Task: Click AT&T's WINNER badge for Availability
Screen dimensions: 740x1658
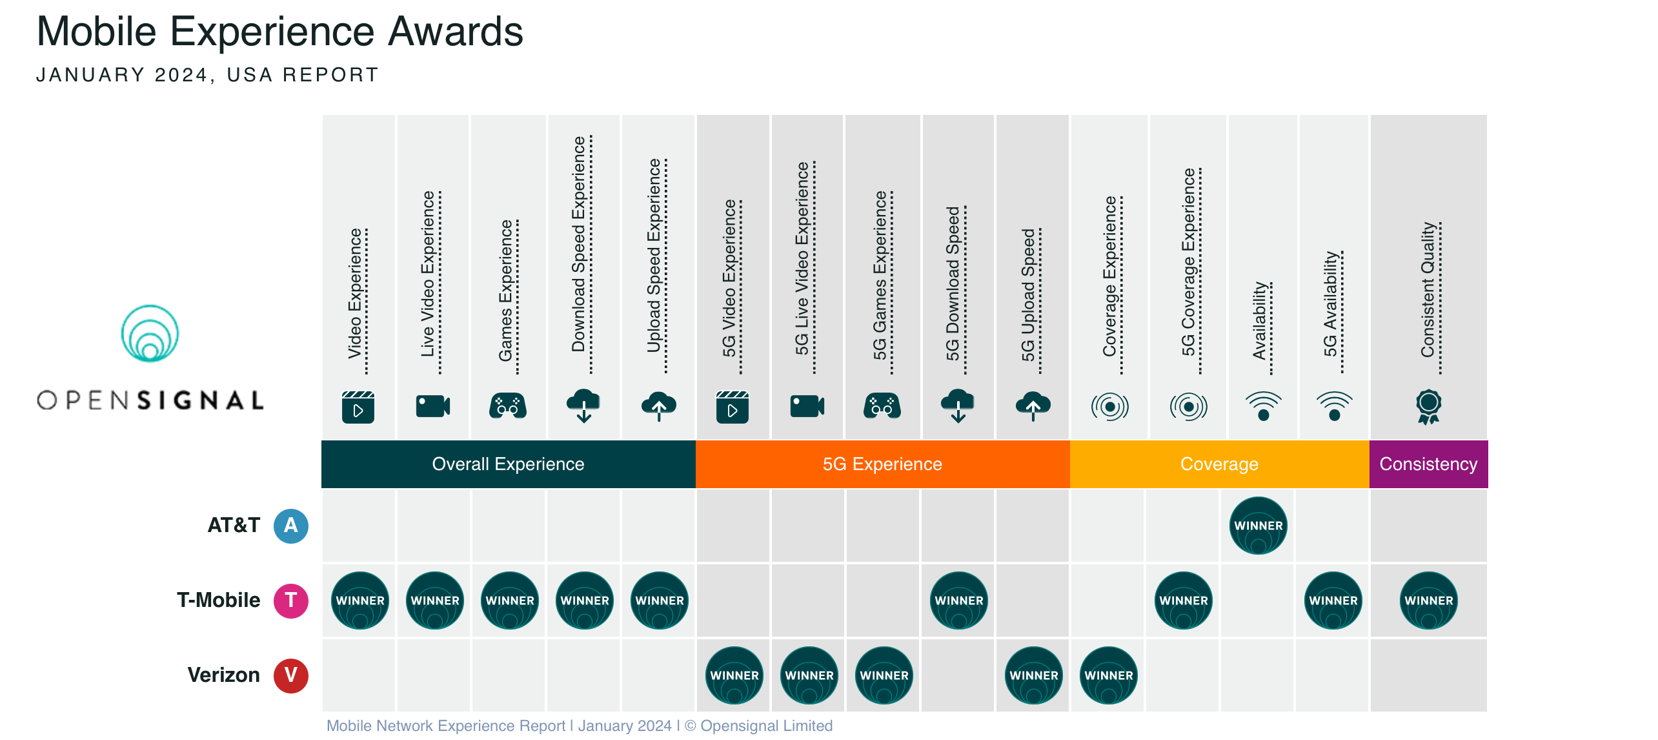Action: pyautogui.click(x=1258, y=526)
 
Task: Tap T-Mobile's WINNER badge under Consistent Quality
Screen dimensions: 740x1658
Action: pyautogui.click(x=1428, y=601)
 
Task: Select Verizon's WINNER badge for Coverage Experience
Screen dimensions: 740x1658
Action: pyautogui.click(x=1108, y=675)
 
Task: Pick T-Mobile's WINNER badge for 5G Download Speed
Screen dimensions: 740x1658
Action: pyautogui.click(x=958, y=601)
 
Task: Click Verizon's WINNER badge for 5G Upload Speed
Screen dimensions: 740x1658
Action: pyautogui.click(x=1033, y=675)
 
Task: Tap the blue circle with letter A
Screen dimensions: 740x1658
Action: pyautogui.click(x=290, y=526)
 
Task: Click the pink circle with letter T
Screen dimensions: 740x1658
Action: pyautogui.click(x=290, y=601)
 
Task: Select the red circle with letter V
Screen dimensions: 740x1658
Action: pyautogui.click(x=290, y=675)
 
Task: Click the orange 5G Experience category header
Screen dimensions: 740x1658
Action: pyautogui.click(x=882, y=464)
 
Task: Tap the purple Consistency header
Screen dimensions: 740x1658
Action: pyautogui.click(x=1428, y=464)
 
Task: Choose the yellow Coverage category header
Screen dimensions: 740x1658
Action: pyautogui.click(x=1219, y=464)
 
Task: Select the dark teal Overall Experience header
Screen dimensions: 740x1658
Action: pyautogui.click(x=508, y=464)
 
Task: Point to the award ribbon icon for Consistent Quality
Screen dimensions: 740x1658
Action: pyautogui.click(x=1428, y=406)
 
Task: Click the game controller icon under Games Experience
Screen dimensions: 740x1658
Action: pyautogui.click(x=508, y=406)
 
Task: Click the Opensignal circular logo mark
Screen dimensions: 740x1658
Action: pyautogui.click(x=150, y=333)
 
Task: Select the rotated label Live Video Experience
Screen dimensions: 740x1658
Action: pyautogui.click(x=429, y=274)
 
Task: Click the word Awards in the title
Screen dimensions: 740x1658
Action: pyautogui.click(x=456, y=31)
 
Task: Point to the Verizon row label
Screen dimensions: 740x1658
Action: pyautogui.click(x=223, y=675)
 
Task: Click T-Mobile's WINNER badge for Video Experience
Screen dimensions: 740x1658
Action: pyautogui.click(x=359, y=601)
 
